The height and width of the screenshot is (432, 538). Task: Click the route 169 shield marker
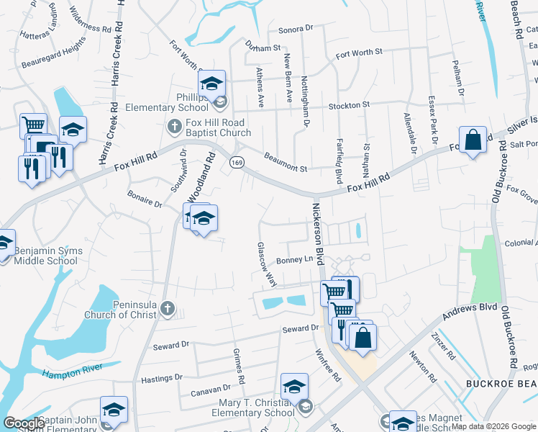[235, 163]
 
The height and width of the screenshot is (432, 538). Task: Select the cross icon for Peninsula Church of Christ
[167, 308]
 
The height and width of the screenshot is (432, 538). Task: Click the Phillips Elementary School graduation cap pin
[211, 85]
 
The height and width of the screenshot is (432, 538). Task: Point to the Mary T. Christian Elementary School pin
[294, 387]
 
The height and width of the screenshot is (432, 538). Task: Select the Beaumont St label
[286, 162]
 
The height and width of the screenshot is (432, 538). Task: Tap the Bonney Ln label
[295, 261]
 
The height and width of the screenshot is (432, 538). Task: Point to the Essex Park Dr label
[432, 118]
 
